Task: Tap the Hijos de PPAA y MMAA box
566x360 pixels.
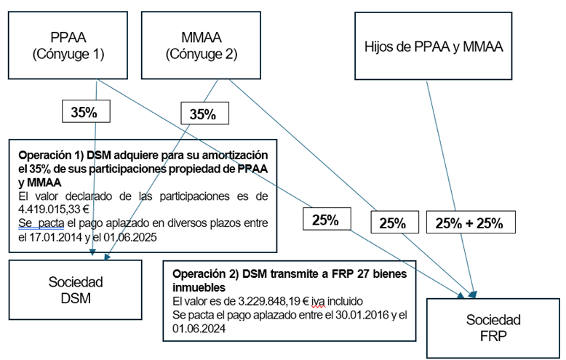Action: coord(434,45)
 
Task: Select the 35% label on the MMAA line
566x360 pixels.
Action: coord(203,113)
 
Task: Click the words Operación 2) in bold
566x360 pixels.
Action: coord(202,274)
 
